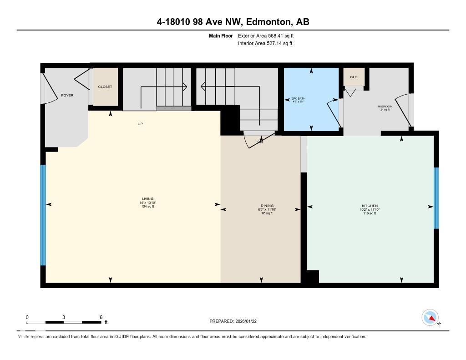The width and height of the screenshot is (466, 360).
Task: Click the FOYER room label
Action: pyautogui.click(x=67, y=95)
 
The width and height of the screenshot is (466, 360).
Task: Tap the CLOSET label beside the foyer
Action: pyautogui.click(x=105, y=87)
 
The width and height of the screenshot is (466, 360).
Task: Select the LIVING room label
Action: pyautogui.click(x=147, y=199)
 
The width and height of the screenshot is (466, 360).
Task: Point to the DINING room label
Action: pyautogui.click(x=268, y=206)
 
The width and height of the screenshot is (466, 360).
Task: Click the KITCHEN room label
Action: pyautogui.click(x=369, y=206)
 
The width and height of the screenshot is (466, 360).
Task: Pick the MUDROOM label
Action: pyautogui.click(x=385, y=106)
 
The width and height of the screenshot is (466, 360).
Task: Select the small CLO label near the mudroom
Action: pyautogui.click(x=354, y=77)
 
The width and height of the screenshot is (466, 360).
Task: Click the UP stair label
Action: pyautogui.click(x=140, y=124)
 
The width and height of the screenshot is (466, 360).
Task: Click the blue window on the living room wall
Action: pyautogui.click(x=43, y=215)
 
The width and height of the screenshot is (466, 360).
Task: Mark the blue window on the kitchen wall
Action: pyautogui.click(x=436, y=198)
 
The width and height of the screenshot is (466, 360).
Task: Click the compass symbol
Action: pyautogui.click(x=430, y=318)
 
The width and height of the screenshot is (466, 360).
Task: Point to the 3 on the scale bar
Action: pyautogui.click(x=64, y=317)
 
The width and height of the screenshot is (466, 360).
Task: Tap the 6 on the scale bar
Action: pyautogui.click(x=101, y=317)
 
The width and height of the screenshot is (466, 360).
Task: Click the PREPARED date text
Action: pyautogui.click(x=236, y=321)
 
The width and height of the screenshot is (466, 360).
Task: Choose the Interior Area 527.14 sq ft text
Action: pyautogui.click(x=265, y=44)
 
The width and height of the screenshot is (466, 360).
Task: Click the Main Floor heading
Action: pyautogui.click(x=221, y=35)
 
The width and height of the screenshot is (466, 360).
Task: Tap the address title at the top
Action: pyautogui.click(x=233, y=22)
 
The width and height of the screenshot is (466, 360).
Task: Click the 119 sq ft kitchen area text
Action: pyautogui.click(x=369, y=213)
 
